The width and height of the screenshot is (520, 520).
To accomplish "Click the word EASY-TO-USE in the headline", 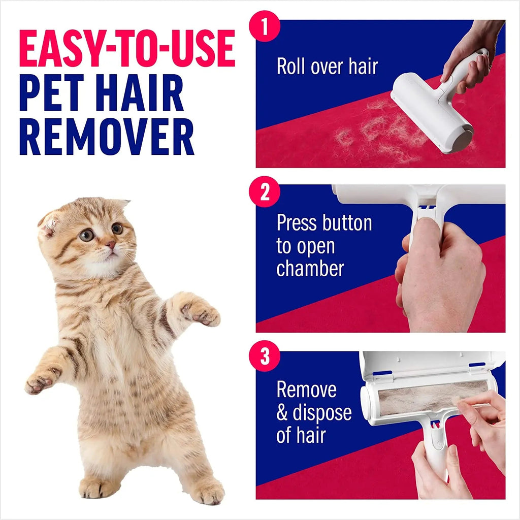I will pyautogui.click(x=127, y=49).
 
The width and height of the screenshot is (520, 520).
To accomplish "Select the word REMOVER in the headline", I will pyautogui.click(x=107, y=137).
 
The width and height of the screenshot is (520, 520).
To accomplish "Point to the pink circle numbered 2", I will pyautogui.click(x=265, y=193).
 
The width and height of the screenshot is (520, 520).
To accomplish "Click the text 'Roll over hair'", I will pyautogui.click(x=327, y=67).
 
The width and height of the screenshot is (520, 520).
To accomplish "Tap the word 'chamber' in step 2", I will pyautogui.click(x=310, y=269).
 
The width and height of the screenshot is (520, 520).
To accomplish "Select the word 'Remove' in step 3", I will pyautogui.click(x=306, y=389).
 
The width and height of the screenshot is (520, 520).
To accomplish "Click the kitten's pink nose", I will pyautogui.click(x=110, y=245).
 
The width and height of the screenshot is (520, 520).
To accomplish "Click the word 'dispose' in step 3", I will pyautogui.click(x=322, y=412).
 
